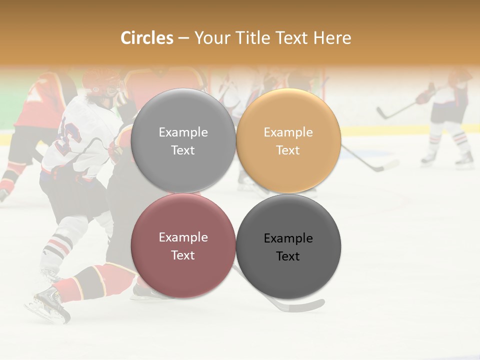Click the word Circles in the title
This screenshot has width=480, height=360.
[147, 38]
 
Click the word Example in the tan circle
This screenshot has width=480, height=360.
[288, 132]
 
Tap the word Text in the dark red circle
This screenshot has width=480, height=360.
[183, 255]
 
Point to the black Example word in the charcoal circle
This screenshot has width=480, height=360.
[288, 238]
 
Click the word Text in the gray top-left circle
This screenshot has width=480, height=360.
[183, 150]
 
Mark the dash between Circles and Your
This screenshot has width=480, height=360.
[183, 38]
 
